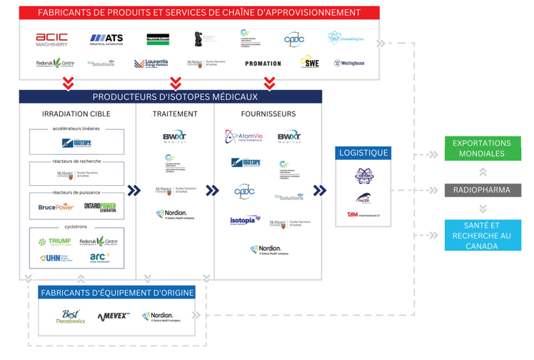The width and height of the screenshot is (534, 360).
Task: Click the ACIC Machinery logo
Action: pyautogui.click(x=52, y=39)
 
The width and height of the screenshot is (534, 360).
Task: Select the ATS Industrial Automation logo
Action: pyautogui.click(x=106, y=39)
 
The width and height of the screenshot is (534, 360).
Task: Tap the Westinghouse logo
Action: pyautogui.click(x=349, y=64)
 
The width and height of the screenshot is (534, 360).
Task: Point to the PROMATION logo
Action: pyautogui.click(x=263, y=64)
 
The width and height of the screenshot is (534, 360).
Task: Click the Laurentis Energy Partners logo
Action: pyautogui.click(x=151, y=64)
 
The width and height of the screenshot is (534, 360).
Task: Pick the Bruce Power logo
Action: pyautogui.click(x=56, y=207)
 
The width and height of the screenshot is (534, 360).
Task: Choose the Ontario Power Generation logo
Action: pyautogui.click(x=100, y=207)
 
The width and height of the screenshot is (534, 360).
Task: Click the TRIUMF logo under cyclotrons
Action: pyautogui.click(x=56, y=242)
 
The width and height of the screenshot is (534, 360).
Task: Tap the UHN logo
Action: pyautogui.click(x=56, y=258)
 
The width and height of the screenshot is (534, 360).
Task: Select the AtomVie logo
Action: pyautogui.click(x=244, y=136)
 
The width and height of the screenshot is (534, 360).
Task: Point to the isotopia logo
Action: pyautogui.click(x=245, y=221)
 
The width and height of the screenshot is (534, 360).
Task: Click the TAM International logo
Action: pyautogui.click(x=363, y=214)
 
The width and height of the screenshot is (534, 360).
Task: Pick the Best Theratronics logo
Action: pyautogui.click(x=70, y=316)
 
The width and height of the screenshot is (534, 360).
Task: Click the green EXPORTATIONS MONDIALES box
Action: pyautogui.click(x=482, y=149)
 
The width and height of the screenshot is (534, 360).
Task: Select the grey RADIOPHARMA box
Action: pyautogui.click(x=482, y=190)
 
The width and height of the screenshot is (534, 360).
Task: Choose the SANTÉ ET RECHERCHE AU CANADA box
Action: pyautogui.click(x=482, y=236)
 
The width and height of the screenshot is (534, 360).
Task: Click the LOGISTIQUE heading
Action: pyautogui.click(x=363, y=153)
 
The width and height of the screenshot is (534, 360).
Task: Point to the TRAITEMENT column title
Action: pyautogui.click(x=175, y=114)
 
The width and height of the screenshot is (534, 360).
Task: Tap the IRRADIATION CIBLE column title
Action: pyautogui.click(x=76, y=114)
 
